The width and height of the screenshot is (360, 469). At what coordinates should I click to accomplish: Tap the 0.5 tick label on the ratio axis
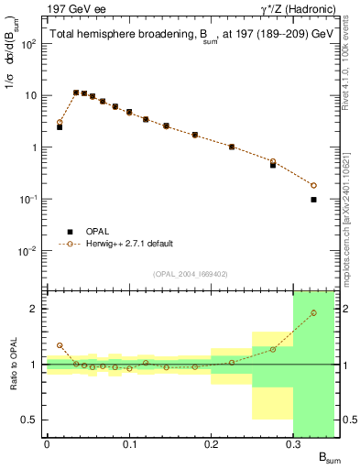click(30, 420)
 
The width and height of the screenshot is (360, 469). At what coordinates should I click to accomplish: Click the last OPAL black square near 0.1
click(313, 199)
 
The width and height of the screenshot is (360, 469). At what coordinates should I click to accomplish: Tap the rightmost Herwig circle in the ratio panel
click(313, 312)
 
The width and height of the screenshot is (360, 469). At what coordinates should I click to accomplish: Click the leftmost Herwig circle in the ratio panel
click(60, 345)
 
